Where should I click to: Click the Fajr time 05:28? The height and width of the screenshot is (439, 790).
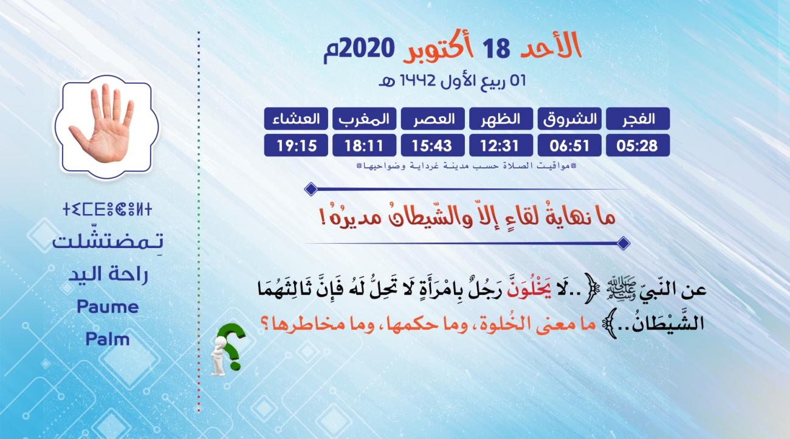[637, 145]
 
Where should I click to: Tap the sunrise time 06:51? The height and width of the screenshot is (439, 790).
[569, 145]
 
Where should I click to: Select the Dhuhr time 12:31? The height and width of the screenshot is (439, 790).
[500, 145]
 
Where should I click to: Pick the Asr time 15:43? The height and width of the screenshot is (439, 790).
[432, 145]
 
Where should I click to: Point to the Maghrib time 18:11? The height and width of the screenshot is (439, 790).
[364, 145]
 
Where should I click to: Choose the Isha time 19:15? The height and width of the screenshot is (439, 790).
[297, 145]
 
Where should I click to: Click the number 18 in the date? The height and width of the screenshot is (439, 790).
[496, 49]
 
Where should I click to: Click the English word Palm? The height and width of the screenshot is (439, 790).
[108, 339]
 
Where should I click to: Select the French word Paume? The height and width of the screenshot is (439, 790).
[108, 306]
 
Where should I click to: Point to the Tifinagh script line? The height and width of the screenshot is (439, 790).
[107, 209]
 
